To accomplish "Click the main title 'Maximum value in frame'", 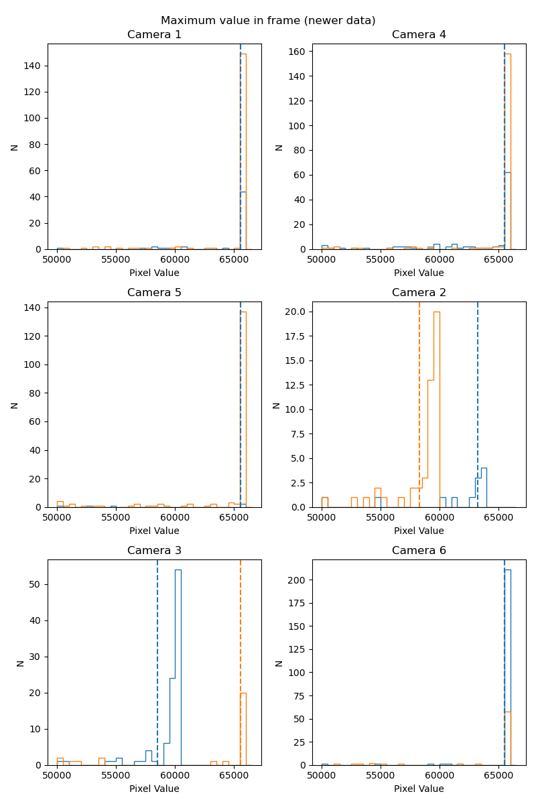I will click(268, 20).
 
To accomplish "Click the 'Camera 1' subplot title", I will click(154, 35).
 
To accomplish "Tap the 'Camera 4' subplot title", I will click(419, 35).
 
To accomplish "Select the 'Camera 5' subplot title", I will click(154, 293).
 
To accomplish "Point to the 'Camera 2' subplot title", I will click(419, 293).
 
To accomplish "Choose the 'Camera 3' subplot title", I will click(154, 551).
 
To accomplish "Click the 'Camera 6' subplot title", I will click(419, 551).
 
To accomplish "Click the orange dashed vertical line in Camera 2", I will click(419, 402).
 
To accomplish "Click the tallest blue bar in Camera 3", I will click(178, 670).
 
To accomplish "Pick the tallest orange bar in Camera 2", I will click(437, 409).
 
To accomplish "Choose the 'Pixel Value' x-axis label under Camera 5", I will click(154, 531).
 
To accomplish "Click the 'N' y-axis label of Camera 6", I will click(279, 663).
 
